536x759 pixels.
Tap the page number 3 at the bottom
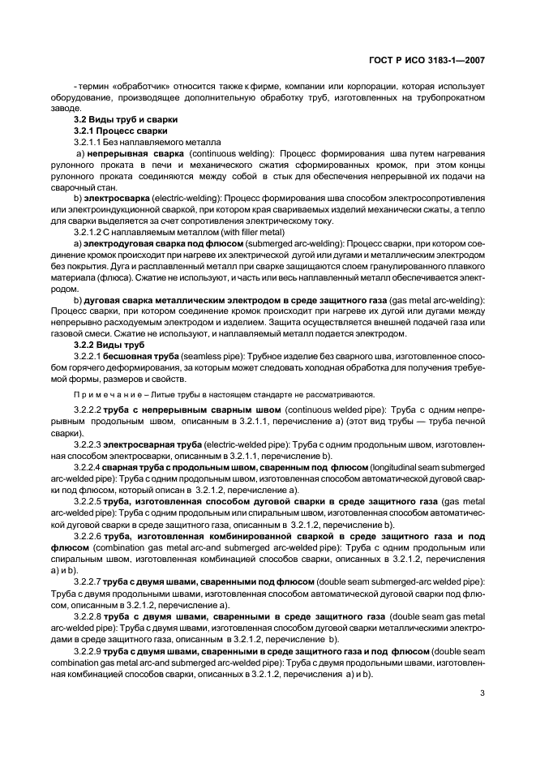pyautogui.click(x=482, y=693)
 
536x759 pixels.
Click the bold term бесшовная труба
pyautogui.click(x=138, y=356)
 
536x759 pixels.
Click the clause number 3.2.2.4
pyautogui.click(x=88, y=468)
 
